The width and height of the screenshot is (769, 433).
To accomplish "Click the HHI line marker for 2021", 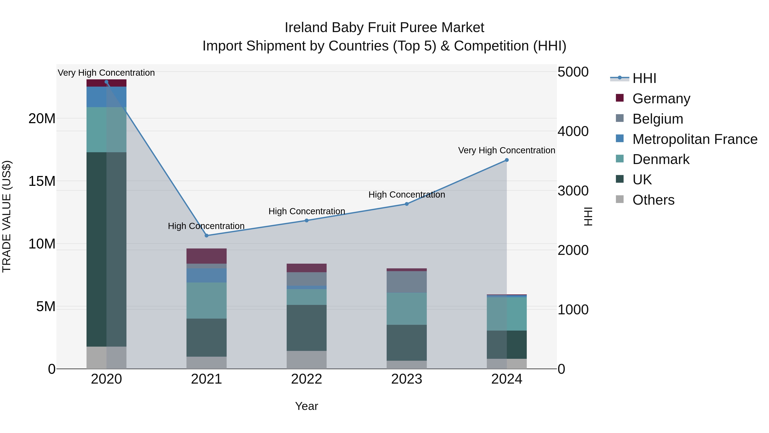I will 206,235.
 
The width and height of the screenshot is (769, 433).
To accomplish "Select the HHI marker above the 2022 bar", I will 306,220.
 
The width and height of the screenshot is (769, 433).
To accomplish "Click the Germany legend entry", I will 661,98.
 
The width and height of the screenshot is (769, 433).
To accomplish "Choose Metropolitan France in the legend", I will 694,139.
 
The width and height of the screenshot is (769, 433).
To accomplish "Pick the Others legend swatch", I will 619,199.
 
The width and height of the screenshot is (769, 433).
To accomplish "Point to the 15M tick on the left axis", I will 42,181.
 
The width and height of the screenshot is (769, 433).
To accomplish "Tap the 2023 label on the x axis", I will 406,379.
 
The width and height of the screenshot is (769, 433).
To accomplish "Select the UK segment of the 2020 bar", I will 106,249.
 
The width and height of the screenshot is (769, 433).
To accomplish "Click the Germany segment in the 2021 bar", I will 206,256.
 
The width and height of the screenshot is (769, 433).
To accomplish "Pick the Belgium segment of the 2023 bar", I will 406,282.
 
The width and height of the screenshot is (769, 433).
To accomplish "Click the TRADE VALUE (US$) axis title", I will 7,216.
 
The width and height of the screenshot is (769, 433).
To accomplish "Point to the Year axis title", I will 306,406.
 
